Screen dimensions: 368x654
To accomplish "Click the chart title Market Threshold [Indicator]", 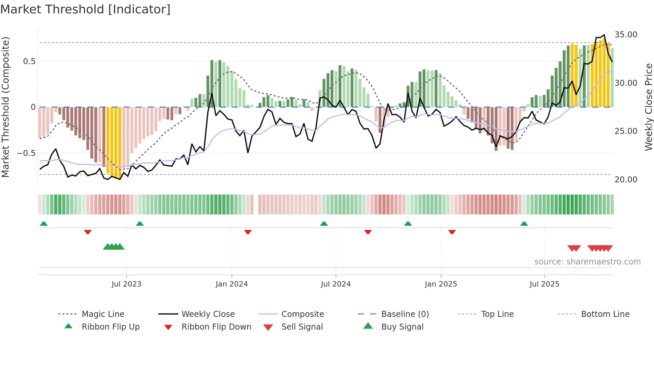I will pos(85,9).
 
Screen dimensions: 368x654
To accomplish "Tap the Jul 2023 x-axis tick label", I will pos(126,284).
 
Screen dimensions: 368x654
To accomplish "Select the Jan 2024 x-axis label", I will pos(232,284).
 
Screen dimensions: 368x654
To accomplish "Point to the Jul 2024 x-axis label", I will pos(336,284).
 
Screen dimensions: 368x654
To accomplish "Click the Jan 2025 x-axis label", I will pos(441,284).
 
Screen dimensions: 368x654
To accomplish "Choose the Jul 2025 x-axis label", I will pos(544,284).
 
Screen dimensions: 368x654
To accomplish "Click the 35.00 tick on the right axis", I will pos(626,35).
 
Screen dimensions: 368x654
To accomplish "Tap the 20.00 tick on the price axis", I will pos(626,180).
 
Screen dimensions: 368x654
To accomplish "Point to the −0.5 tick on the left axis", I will pos(26,153).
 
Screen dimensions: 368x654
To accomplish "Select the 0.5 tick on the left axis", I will pos(29,61).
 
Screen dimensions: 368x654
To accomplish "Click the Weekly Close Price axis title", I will pos(648,107).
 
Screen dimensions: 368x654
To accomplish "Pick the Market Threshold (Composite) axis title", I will pos(5,107).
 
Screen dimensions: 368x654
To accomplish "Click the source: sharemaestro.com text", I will pos(587,262).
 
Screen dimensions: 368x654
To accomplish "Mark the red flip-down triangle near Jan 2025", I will pos(452,232).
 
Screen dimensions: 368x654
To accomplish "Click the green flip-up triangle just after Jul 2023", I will pos(140,224).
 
